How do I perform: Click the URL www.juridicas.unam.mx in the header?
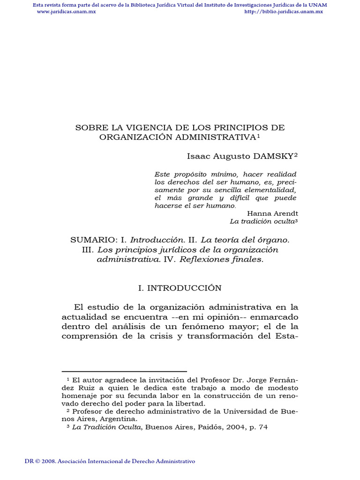tap(66, 12)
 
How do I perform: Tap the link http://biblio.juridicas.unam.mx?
tap(284, 12)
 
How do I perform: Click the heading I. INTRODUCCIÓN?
tap(180, 288)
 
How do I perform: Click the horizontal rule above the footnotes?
tap(124, 372)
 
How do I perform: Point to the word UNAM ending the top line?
tap(318, 5)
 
